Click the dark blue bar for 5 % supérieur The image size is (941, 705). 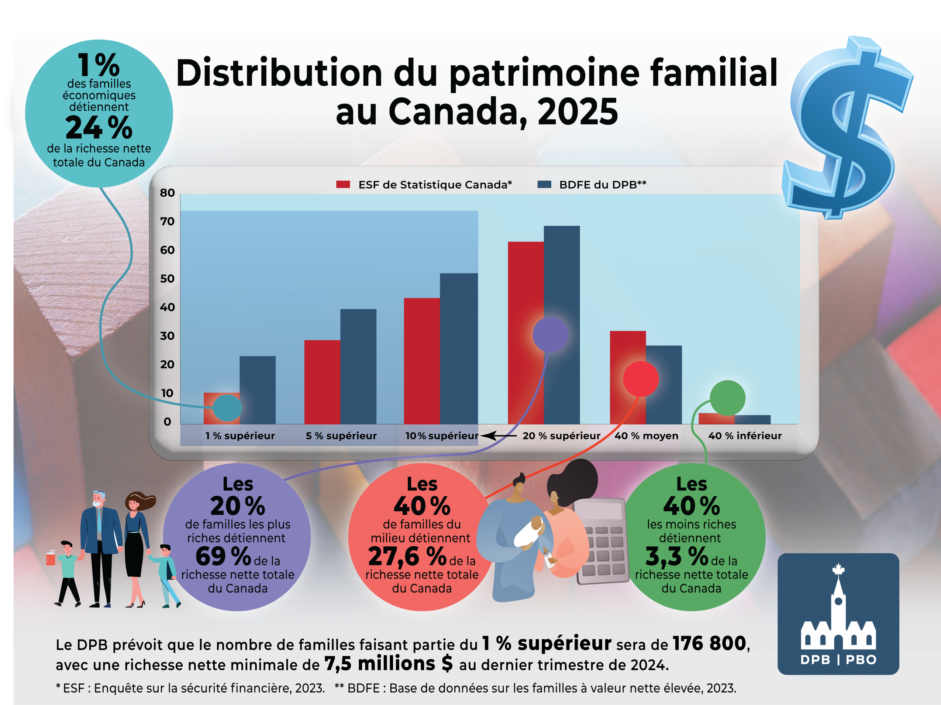point(358,366)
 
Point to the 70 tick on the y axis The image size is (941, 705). point(167,221)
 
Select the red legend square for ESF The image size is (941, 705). point(343,184)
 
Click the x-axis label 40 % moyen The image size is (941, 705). point(646,436)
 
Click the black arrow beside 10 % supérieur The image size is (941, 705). point(498,436)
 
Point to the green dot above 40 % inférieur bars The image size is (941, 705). point(727,398)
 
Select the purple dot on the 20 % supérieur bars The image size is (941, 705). point(551,334)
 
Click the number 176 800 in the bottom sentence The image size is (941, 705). point(709,643)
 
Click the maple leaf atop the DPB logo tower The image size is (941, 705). point(838,569)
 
